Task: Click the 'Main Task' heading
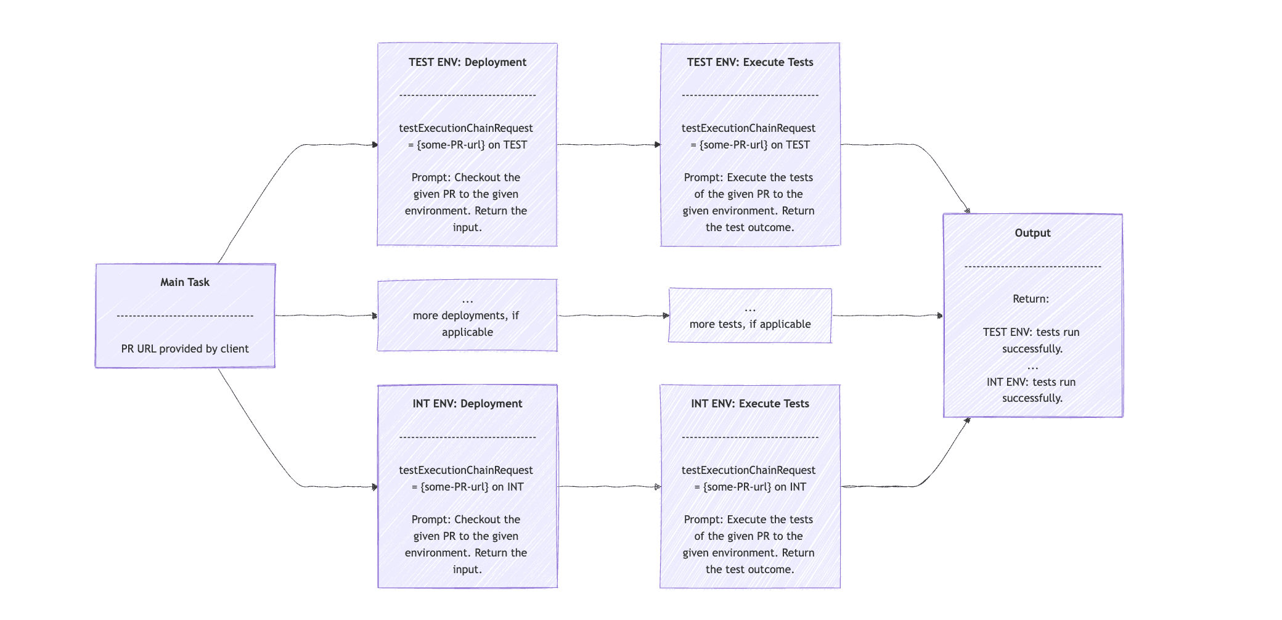185,282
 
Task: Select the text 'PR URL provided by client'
185,349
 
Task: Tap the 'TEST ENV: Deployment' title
467,62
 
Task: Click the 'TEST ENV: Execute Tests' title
749,62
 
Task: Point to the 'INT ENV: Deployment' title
467,404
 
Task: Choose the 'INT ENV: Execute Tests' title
749,404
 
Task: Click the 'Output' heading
1032,233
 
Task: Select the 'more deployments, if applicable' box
467,316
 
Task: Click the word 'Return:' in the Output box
1031,299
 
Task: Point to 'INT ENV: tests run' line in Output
1031,382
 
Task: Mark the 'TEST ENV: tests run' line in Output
1031,332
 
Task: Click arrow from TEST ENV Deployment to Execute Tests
608,145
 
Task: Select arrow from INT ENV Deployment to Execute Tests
608,487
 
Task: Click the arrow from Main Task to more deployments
326,316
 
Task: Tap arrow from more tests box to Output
888,316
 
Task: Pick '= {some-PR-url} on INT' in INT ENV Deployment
467,487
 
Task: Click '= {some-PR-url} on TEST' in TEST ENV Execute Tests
749,145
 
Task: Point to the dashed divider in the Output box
1032,267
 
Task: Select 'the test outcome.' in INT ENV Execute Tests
749,569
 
